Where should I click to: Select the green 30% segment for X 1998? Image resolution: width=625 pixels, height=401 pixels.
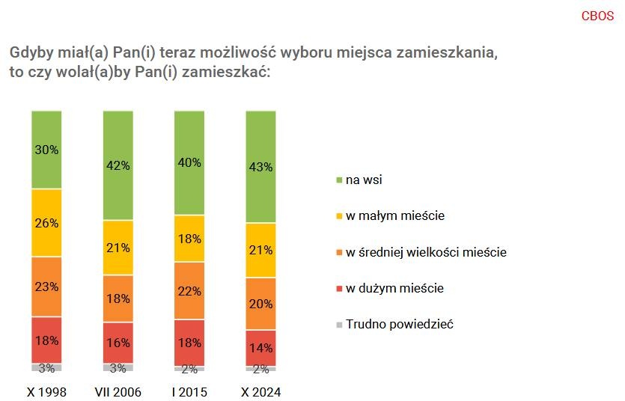pos(46,149)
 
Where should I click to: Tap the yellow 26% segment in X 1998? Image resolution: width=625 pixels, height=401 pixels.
pos(46,222)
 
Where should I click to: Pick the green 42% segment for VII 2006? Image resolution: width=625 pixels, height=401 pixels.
pos(118,165)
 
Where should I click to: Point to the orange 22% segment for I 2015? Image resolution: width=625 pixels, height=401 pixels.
pos(189,290)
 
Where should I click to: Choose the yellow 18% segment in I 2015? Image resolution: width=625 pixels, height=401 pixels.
pos(189,239)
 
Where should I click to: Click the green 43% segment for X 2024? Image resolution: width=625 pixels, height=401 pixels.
pos(261,167)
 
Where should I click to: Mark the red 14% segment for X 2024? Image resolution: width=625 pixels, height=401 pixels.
pos(261,347)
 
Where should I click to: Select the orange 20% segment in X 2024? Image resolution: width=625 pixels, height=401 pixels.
pos(261,304)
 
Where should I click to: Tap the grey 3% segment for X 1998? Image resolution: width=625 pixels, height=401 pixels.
pos(46,367)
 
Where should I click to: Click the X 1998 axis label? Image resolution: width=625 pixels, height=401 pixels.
pos(46,392)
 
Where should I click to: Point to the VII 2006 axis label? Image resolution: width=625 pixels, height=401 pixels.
pos(118,392)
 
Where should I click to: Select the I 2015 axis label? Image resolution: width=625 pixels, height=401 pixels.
pos(189,392)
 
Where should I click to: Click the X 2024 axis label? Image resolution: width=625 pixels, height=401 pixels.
pos(261,392)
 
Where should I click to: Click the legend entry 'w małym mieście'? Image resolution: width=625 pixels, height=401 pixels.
pos(394,216)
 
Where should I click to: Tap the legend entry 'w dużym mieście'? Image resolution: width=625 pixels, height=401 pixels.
pos(394,288)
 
